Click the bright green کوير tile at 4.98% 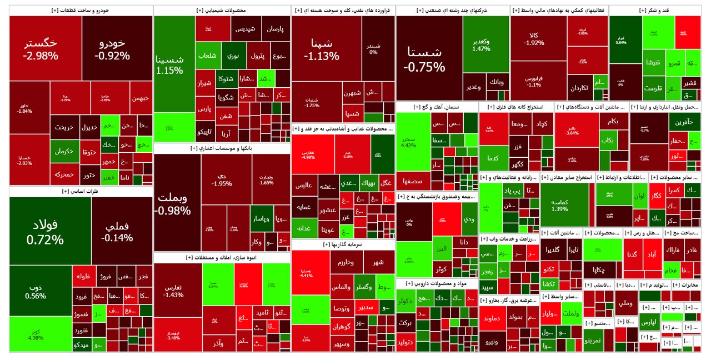(x=36, y=334)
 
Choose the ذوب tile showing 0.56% (x=36, y=292)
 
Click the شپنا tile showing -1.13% (x=321, y=49)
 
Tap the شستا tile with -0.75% (x=424, y=58)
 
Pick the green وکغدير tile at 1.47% (x=481, y=44)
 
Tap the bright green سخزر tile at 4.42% (x=409, y=141)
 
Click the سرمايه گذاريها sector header (x=342, y=244)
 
